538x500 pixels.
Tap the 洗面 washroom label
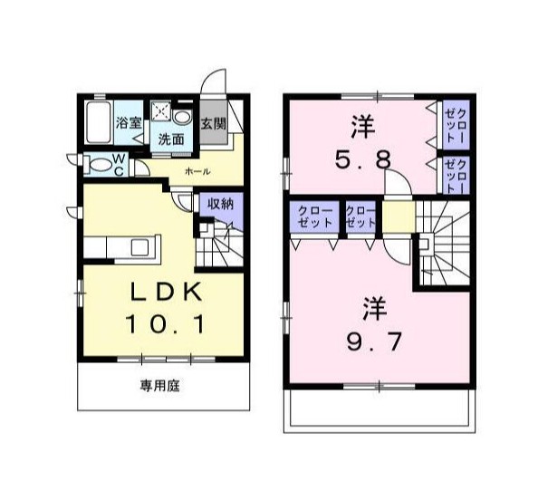coord(171,139)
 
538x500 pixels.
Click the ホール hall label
coord(197,171)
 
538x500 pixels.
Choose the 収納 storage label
coord(220,204)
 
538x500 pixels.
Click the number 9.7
coord(370,341)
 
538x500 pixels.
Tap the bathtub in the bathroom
coord(98,124)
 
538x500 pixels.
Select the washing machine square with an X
coord(161,112)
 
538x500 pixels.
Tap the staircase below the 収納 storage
coord(217,243)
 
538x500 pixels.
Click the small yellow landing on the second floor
coord(396,217)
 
